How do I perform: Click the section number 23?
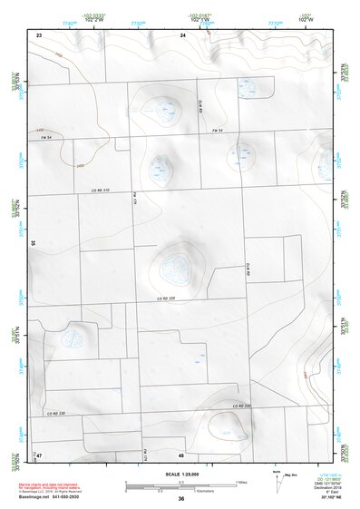coord(39,34)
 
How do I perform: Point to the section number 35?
coord(33,243)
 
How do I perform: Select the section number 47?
coord(39,454)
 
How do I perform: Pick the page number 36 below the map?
coord(180,499)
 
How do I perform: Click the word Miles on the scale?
coord(241,481)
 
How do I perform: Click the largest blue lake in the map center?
coord(174,267)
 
